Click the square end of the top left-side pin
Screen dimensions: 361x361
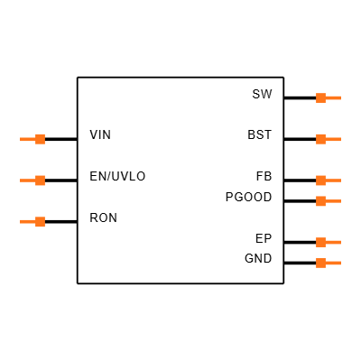tap(40, 139)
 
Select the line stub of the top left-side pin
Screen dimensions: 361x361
tap(27, 139)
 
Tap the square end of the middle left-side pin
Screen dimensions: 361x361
tap(40, 180)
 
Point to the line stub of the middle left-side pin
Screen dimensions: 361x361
tap(27, 180)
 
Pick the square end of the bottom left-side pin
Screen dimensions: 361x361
tap(40, 222)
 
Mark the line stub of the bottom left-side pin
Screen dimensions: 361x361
tap(27, 222)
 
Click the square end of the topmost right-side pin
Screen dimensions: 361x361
tap(320, 97)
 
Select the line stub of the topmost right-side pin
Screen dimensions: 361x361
tap(333, 97)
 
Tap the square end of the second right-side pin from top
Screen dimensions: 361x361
tap(320, 139)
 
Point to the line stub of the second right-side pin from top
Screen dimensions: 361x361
tap(333, 139)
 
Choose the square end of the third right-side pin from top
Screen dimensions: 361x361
tap(320, 180)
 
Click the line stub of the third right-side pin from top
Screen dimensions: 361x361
tap(333, 180)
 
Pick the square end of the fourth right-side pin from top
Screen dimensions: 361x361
tap(320, 201)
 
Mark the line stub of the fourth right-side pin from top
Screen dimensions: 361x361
tap(333, 201)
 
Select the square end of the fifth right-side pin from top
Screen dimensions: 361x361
tap(320, 242)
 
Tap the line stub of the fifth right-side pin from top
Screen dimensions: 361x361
tap(333, 242)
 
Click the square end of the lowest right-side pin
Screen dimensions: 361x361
tap(320, 263)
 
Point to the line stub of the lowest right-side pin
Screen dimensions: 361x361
tap(333, 263)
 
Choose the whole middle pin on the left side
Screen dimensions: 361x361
tap(32, 180)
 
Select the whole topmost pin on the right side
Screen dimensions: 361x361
tap(329, 97)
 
